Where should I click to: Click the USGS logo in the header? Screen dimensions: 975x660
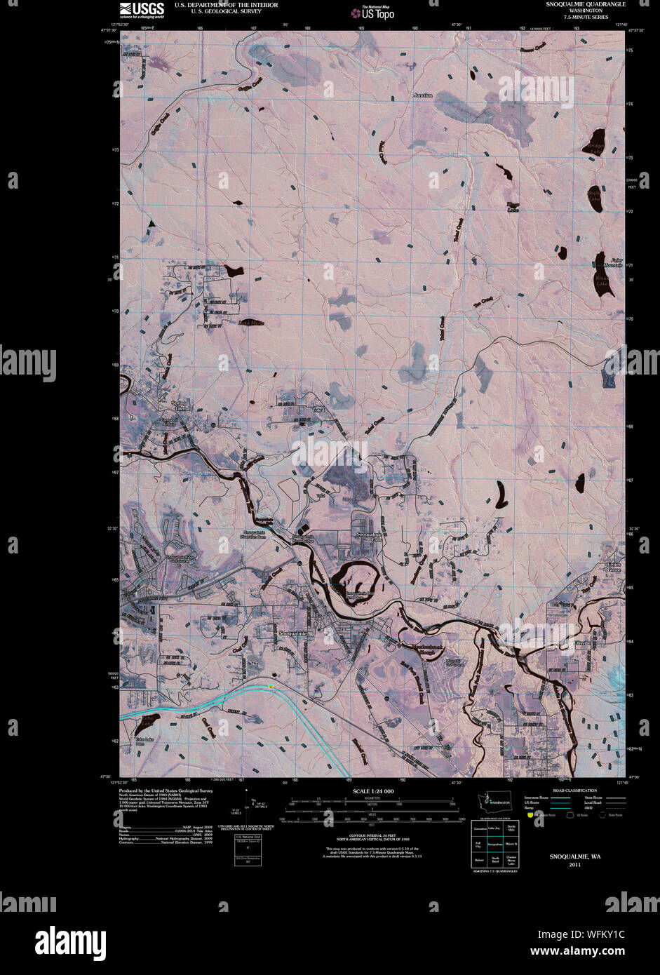tap(142, 8)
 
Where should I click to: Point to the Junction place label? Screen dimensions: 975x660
tap(423, 95)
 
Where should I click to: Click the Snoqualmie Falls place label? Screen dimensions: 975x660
tap(369, 537)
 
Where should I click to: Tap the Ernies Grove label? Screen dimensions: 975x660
tap(614, 567)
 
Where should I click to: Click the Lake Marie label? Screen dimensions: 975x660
tap(251, 323)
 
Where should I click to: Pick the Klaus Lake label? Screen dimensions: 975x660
tap(602, 282)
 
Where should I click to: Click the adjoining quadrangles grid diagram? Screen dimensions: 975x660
tap(494, 845)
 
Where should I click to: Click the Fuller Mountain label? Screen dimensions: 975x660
tap(612, 262)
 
